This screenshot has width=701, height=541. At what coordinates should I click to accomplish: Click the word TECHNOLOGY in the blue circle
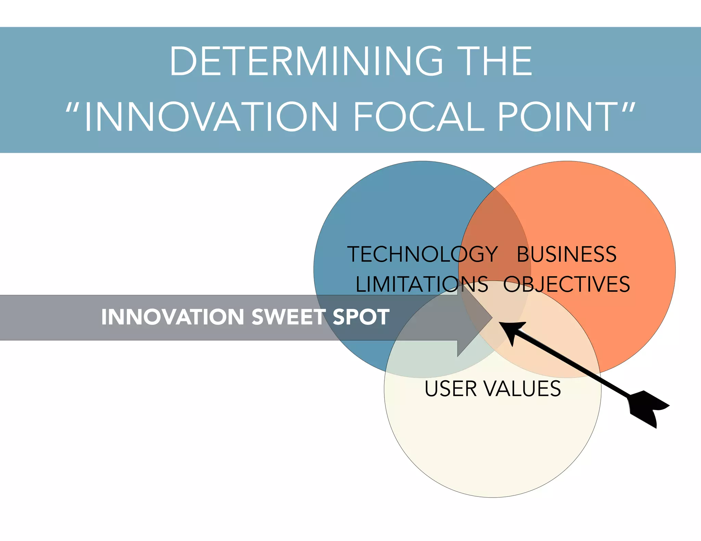point(422,254)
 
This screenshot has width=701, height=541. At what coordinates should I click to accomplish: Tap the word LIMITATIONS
point(422,284)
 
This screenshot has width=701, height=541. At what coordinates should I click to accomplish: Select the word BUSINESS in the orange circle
point(566,254)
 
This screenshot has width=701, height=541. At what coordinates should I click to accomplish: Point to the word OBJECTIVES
point(566,284)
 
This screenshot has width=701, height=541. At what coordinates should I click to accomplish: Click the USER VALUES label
point(493,389)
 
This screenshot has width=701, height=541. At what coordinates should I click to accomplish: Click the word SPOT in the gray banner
point(361,317)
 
